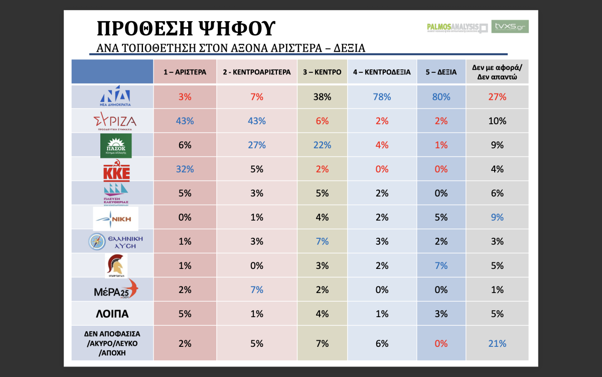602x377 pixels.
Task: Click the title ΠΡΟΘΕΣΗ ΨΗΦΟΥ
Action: (x=186, y=29)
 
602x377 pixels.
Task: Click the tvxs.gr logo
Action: (x=510, y=27)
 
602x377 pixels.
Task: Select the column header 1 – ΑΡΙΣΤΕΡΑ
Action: (x=185, y=72)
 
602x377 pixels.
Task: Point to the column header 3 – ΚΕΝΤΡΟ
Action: (x=322, y=72)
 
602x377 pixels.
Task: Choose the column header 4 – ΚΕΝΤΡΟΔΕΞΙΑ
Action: (x=382, y=72)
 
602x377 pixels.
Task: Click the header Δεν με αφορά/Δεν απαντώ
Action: (x=497, y=72)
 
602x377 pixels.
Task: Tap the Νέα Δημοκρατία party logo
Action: (x=115, y=97)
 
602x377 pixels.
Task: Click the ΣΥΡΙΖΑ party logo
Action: (x=115, y=121)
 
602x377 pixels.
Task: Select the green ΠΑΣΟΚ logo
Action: (x=116, y=145)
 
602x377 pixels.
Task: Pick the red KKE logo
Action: (x=116, y=170)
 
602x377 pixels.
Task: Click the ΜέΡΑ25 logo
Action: (x=115, y=290)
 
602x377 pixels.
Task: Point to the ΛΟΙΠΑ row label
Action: (x=112, y=314)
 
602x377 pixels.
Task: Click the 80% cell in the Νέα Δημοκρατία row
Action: (x=441, y=97)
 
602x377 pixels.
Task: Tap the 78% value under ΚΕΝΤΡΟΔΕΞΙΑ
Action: (x=382, y=97)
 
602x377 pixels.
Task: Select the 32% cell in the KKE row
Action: (x=185, y=169)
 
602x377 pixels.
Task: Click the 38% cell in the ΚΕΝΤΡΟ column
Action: (x=322, y=97)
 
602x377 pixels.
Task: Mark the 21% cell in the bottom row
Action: (x=497, y=344)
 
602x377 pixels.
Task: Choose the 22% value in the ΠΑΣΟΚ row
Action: (x=322, y=145)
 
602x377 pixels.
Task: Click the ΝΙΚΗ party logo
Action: (x=116, y=218)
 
